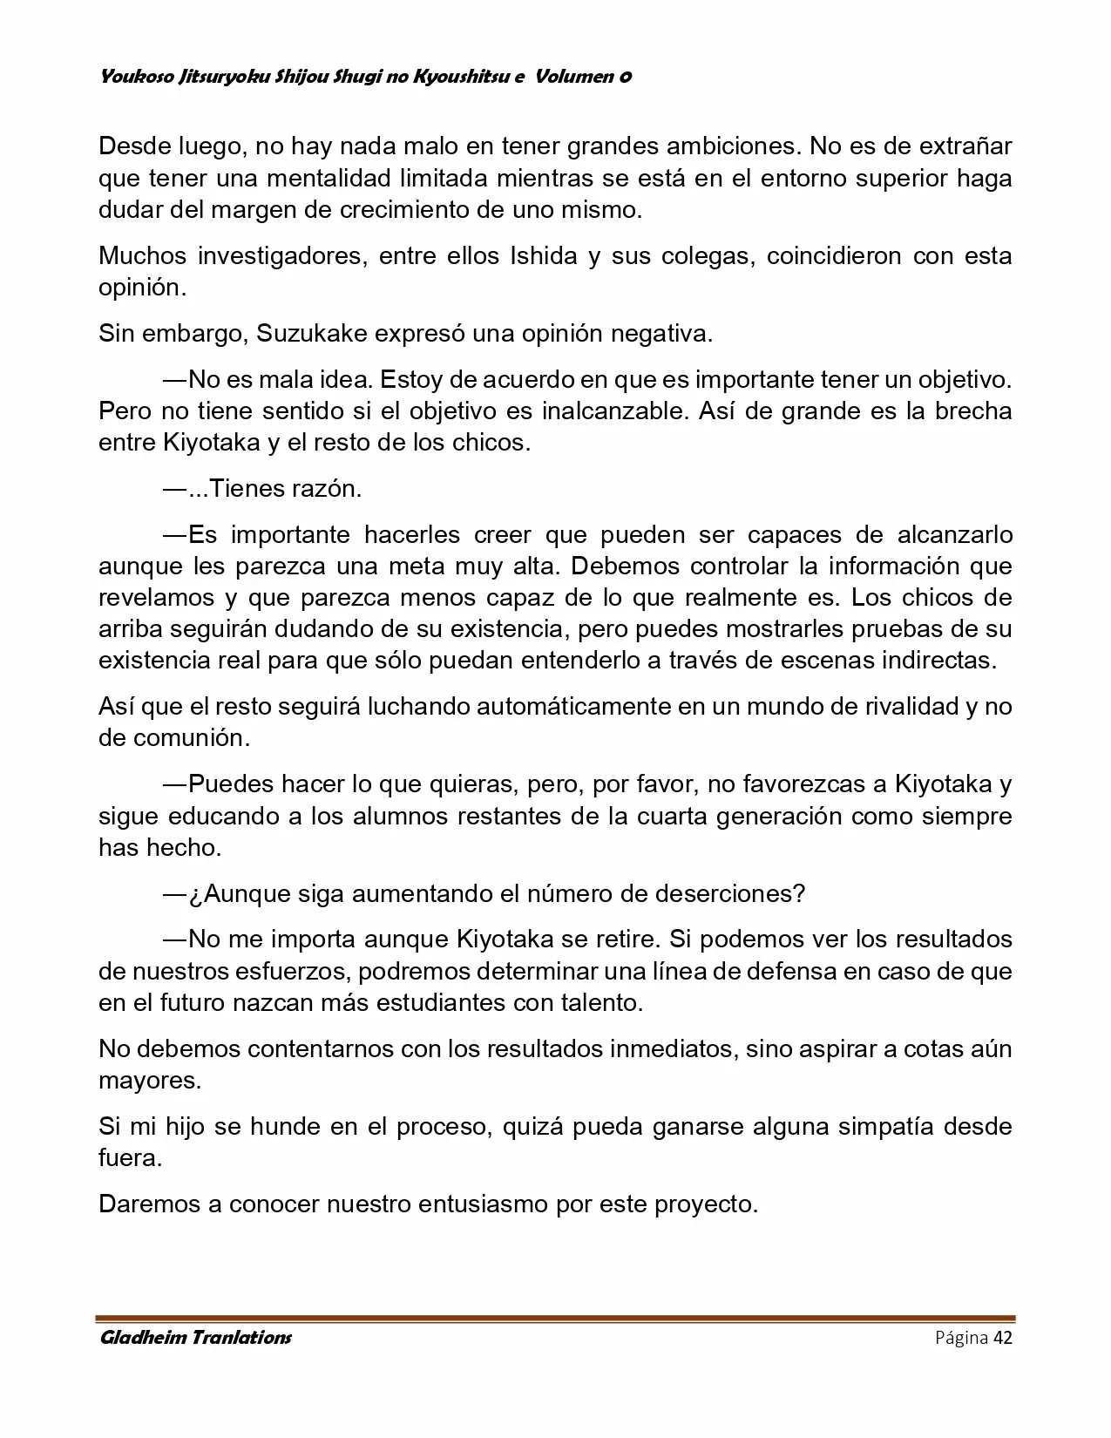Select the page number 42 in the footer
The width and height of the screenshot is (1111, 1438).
[1002, 1338]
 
